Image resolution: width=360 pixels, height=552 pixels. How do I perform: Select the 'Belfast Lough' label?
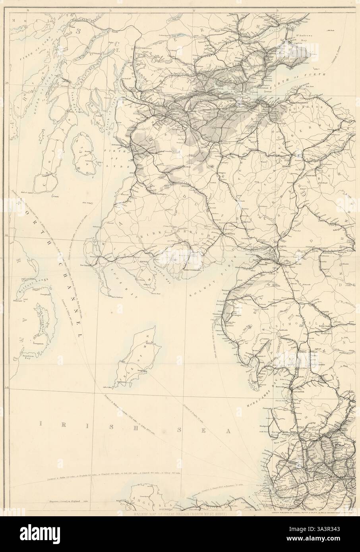pyautogui.click(x=38, y=284)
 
